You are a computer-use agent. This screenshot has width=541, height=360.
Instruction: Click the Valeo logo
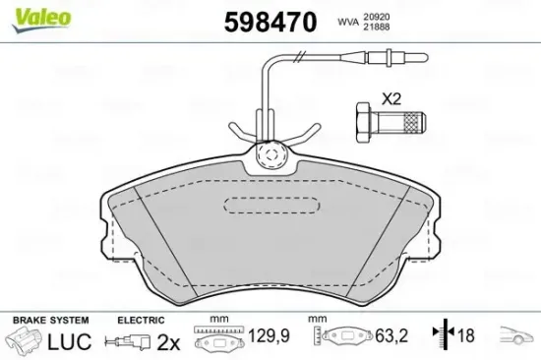(41, 20)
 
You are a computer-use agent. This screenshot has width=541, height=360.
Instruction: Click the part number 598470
(270, 22)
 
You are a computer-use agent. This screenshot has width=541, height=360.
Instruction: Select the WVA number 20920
(377, 17)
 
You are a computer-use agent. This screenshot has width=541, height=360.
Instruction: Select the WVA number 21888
(377, 27)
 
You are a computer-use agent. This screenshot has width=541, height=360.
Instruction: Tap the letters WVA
(348, 22)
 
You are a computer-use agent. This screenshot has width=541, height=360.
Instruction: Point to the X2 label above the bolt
(391, 99)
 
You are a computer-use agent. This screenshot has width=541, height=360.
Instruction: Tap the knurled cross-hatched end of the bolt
(413, 122)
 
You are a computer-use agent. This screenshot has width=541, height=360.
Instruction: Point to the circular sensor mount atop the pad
(271, 155)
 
